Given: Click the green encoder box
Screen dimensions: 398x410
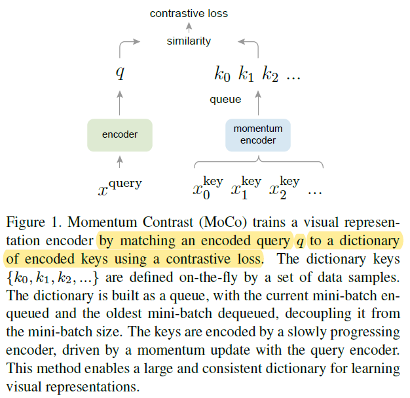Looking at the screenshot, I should (120, 134).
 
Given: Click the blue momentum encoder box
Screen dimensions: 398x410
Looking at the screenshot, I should (257, 134).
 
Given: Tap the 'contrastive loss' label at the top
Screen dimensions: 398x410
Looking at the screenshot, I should (189, 13).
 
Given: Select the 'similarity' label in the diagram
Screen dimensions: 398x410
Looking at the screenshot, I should (189, 41).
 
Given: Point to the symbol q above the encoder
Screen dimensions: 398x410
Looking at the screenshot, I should (120, 72).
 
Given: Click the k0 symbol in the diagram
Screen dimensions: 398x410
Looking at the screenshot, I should (223, 74).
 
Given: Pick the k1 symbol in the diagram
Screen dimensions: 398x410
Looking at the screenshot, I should (246, 74).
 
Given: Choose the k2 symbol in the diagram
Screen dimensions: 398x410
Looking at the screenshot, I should (270, 74).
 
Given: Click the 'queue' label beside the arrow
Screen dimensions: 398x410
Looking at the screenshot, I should (225, 100).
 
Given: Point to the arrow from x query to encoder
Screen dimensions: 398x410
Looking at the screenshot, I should (120, 161).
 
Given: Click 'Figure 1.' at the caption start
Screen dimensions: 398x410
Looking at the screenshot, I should (29, 224).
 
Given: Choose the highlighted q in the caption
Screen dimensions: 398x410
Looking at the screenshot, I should (300, 241).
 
